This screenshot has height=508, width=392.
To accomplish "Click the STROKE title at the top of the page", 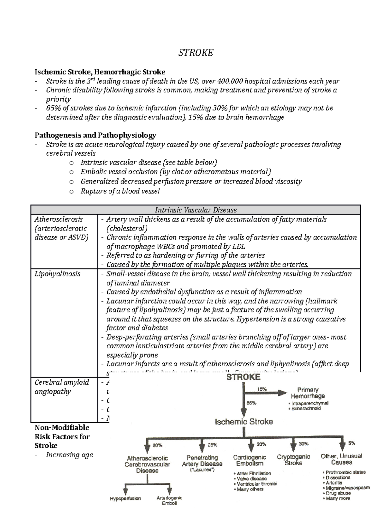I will [195, 53].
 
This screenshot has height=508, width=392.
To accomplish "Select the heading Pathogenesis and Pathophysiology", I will [95, 135].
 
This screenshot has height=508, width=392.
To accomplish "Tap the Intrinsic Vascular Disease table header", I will [195, 210].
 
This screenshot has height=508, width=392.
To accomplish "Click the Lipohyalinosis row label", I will [57, 274].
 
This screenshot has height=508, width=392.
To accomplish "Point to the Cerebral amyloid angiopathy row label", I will [61, 387].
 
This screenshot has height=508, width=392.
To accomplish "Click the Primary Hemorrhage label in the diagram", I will [308, 393].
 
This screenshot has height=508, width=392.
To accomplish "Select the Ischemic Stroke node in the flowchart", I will [244, 422].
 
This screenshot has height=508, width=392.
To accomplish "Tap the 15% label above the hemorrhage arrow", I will [262, 389].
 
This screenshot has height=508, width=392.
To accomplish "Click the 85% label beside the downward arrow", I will [251, 403].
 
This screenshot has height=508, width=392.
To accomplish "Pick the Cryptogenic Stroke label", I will [293, 460].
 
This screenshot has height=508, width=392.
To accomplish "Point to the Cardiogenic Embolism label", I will [250, 460].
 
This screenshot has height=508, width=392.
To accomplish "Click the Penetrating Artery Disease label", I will [202, 461].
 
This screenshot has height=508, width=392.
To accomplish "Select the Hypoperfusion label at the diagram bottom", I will [125, 499].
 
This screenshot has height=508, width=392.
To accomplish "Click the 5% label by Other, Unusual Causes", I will [351, 443].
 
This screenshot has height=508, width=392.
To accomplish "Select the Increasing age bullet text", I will [69, 455].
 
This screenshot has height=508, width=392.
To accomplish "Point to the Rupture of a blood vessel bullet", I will [120, 191].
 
